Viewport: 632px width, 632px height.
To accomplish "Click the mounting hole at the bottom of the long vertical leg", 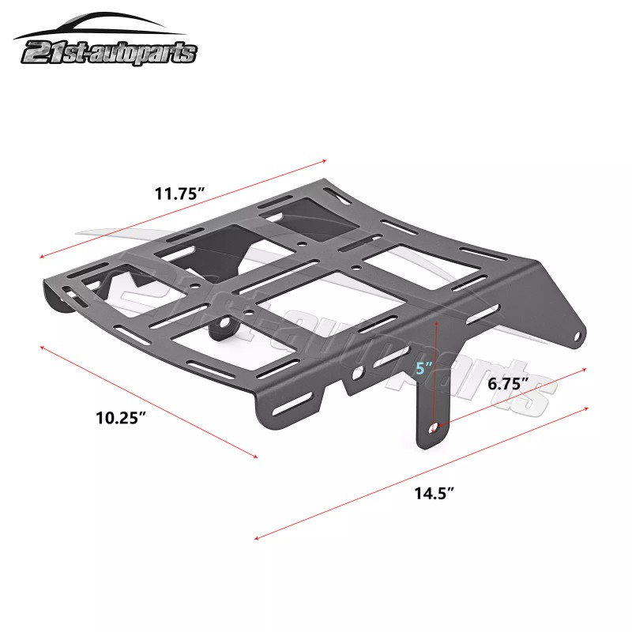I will point(434,427).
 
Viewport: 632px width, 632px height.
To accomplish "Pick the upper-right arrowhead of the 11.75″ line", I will point(325,160).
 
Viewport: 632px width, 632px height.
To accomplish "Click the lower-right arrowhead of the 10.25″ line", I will point(256,456).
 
